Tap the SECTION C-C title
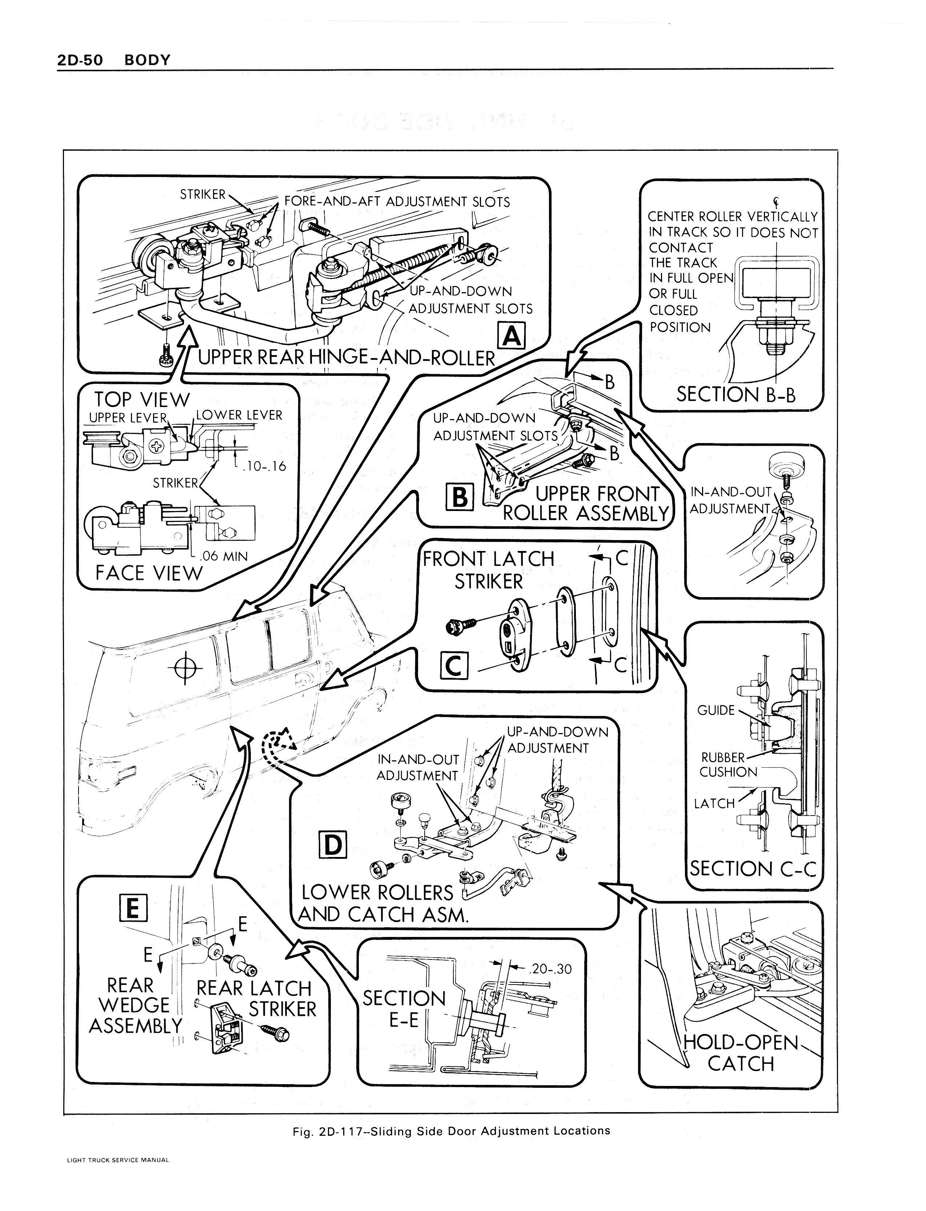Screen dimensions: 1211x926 pyautogui.click(x=752, y=869)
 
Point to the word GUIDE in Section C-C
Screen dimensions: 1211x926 pyautogui.click(x=715, y=710)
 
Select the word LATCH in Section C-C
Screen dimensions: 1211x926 pyautogui.click(x=714, y=804)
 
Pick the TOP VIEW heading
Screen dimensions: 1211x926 pyautogui.click(x=142, y=399)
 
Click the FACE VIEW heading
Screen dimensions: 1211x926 pyautogui.click(x=149, y=573)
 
